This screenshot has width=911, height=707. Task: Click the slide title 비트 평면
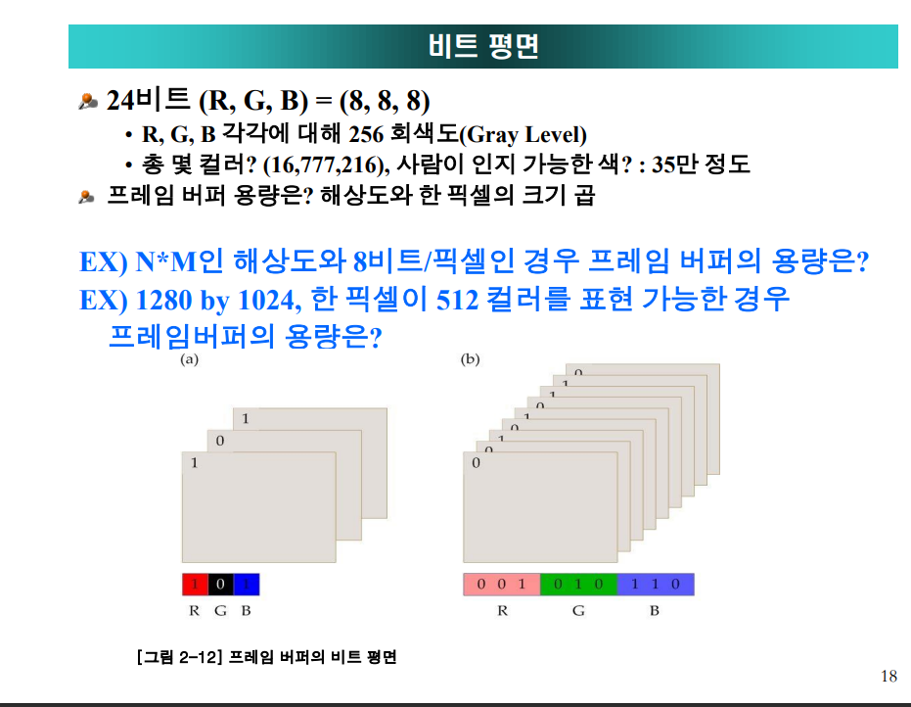[483, 46]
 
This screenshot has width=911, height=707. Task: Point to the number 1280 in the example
[163, 300]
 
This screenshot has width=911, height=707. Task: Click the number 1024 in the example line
[267, 300]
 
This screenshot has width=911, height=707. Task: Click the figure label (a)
[190, 359]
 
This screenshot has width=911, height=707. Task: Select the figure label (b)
[470, 359]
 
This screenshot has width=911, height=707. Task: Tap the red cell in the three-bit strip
[196, 585]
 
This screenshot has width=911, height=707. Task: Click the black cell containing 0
[221, 585]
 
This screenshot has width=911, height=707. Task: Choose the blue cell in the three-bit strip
[247, 585]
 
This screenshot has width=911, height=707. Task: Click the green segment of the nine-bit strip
[578, 585]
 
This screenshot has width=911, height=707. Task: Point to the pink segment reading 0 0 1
[502, 585]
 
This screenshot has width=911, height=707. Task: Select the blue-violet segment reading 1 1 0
[656, 585]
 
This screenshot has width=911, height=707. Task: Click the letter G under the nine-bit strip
[578, 610]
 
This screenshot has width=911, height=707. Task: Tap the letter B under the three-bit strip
[246, 610]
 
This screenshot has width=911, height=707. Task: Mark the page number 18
[888, 676]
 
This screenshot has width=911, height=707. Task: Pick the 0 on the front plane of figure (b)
[476, 463]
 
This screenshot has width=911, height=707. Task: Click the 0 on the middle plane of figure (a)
[219, 441]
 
